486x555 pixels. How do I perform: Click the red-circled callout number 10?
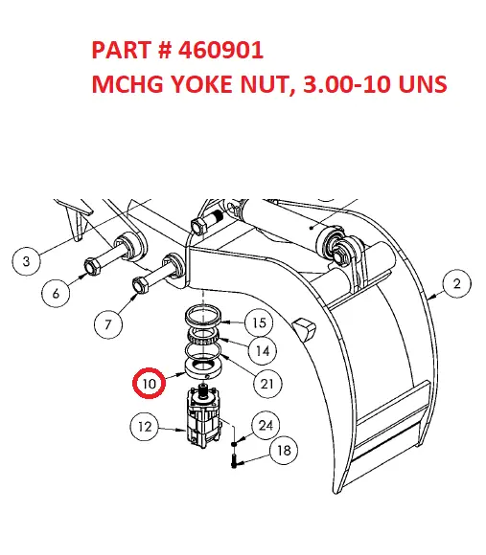coord(149,383)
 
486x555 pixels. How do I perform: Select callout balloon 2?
coord(456,283)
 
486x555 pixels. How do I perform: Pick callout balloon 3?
coord(26,260)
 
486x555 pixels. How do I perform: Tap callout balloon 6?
coord(56,294)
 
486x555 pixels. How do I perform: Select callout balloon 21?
coord(268,384)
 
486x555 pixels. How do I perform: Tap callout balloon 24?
coord(267,425)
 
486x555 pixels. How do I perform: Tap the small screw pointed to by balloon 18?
coord(233,459)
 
